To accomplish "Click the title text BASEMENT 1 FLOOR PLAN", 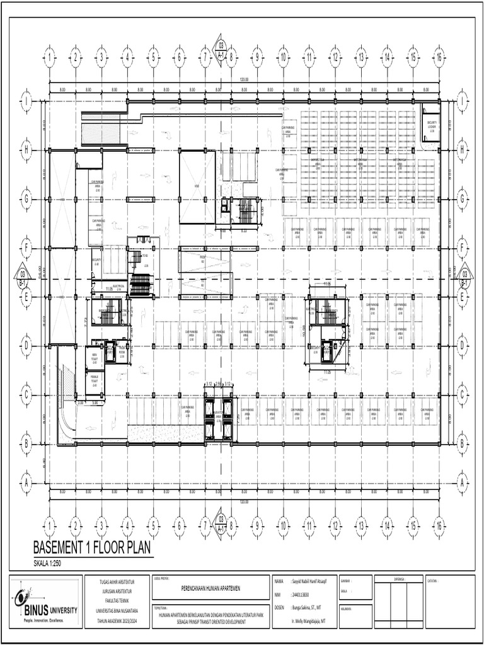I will click(x=92, y=548).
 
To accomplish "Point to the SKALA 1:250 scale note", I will click(x=52, y=563).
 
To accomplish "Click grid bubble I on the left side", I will click(x=26, y=101).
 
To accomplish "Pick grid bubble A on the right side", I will click(x=462, y=483).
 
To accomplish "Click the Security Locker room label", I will click(x=432, y=126).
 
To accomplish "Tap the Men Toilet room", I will click(x=95, y=358).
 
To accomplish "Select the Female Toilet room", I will click(x=95, y=380).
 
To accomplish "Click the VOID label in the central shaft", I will click(x=197, y=187).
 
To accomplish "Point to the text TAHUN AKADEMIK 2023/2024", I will click(x=117, y=619).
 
